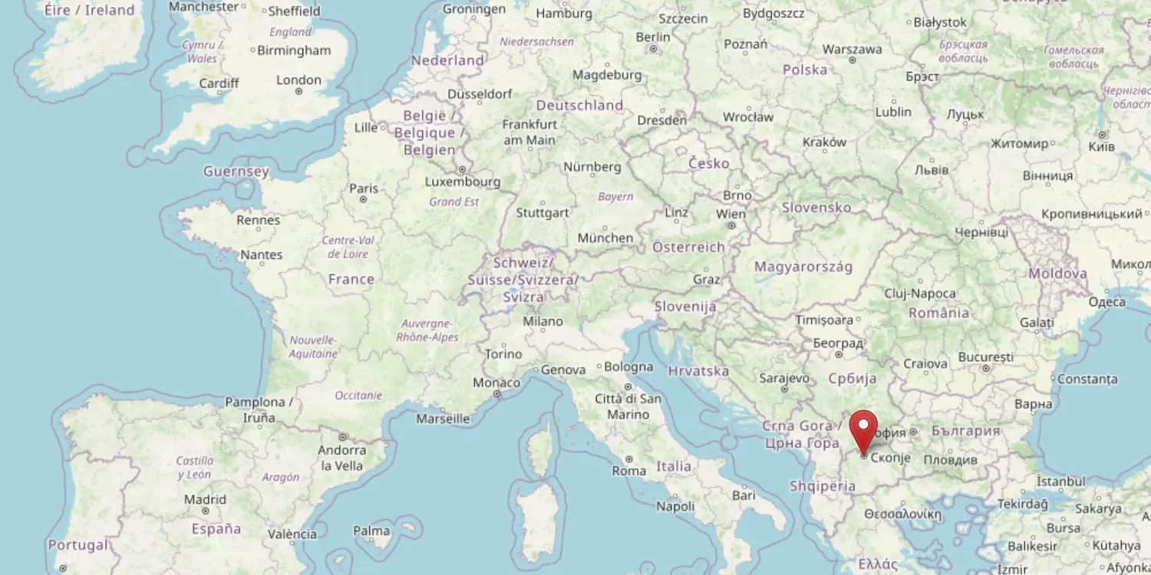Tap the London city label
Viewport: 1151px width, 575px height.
[x=298, y=80]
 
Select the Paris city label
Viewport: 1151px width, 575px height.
[x=364, y=189]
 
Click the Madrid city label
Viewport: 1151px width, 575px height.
[x=205, y=500]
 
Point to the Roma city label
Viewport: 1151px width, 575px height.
[x=628, y=471]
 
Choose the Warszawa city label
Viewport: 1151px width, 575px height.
[x=852, y=49]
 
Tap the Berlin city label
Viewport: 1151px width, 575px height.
[x=653, y=38]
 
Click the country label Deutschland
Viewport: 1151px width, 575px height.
[x=579, y=105]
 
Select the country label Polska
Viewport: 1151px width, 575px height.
[x=805, y=70]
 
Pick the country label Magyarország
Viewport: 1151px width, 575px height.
[x=803, y=267]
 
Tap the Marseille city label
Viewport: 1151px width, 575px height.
[x=443, y=419]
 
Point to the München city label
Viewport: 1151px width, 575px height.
[x=605, y=238]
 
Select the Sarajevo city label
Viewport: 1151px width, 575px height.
[x=784, y=378]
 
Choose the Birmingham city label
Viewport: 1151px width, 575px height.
[x=294, y=51]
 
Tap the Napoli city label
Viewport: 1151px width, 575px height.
[x=675, y=506]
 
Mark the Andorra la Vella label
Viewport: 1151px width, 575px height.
[x=342, y=458]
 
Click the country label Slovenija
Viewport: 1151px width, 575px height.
[x=685, y=307]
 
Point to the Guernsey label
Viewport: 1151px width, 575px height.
[x=236, y=172]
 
